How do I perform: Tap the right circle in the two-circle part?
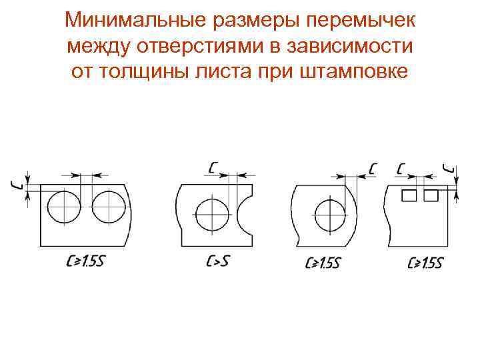coord(108,207)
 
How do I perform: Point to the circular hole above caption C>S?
coord(212,214)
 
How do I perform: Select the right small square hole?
coord(431,195)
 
